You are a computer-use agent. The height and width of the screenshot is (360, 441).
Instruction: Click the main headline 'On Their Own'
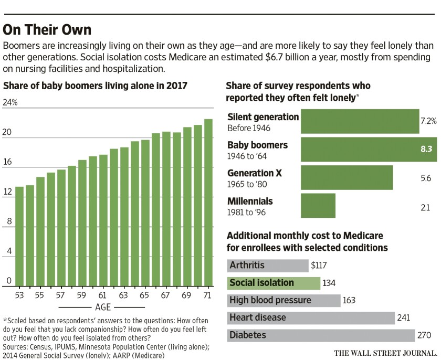[x=47, y=28]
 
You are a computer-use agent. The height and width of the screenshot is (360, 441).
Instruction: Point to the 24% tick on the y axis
[x=10, y=103]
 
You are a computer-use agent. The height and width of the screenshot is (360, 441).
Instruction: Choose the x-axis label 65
[x=145, y=295]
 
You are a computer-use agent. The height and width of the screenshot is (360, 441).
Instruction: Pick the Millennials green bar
[x=318, y=205]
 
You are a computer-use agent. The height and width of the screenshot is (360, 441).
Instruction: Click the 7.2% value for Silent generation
[x=428, y=121]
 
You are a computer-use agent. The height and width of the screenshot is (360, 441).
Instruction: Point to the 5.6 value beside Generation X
[x=425, y=178]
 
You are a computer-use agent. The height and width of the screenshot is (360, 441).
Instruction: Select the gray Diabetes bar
[x=321, y=335]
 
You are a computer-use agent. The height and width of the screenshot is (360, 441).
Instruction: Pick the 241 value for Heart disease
[x=403, y=318]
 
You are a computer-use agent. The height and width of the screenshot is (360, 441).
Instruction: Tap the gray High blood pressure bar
[x=283, y=300]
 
